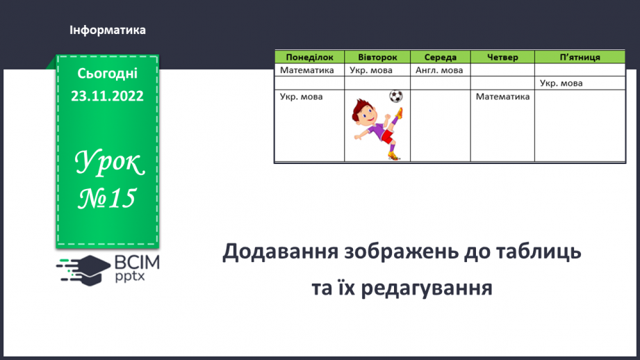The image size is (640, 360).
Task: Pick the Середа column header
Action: pyautogui.click(x=441, y=57)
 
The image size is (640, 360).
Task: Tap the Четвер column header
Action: pyautogui.click(x=502, y=57)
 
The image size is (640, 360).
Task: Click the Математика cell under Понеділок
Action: pyautogui.click(x=307, y=70)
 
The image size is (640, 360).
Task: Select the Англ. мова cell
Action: pyautogui.click(x=438, y=70)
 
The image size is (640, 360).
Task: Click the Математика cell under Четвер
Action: pyautogui.click(x=502, y=97)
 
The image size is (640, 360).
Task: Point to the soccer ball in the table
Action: pyautogui.click(x=395, y=96)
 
